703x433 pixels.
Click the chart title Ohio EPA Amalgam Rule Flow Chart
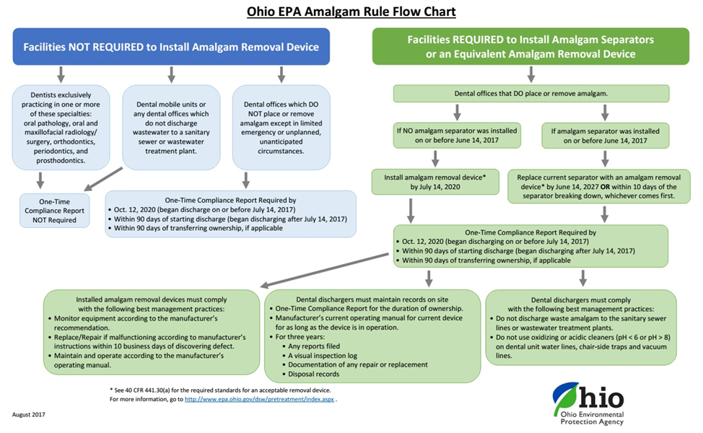coord(351,12)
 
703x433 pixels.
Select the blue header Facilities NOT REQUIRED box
coord(171,47)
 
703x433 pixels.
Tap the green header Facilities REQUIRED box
coord(530,46)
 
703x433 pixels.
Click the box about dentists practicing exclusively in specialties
coord(61,126)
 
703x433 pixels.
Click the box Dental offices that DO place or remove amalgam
coord(531,93)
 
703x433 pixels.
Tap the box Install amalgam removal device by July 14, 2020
coord(435,183)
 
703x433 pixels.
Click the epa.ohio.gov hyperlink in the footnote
coord(260,399)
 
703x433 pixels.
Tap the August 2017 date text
coord(30,414)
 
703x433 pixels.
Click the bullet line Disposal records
coord(315,375)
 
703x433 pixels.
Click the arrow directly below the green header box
coord(531,74)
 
